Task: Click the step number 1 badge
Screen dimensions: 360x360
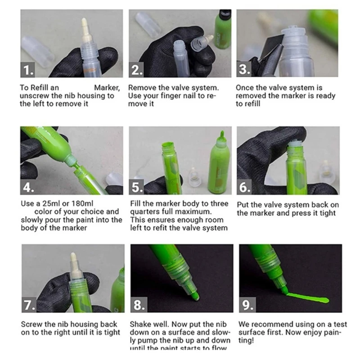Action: click(28, 70)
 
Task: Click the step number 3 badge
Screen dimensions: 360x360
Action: click(245, 70)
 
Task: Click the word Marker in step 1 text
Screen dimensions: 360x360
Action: click(107, 88)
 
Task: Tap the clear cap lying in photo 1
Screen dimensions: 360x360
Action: click(37, 50)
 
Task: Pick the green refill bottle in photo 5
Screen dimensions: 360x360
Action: click(219, 162)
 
